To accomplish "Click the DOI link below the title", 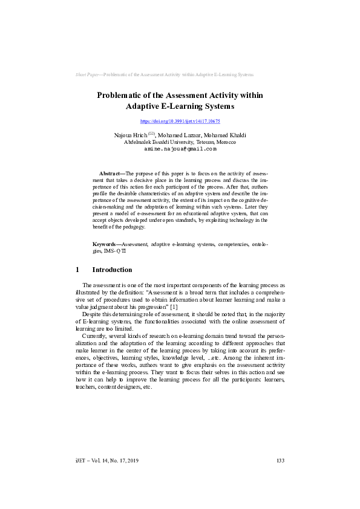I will (x=180, y=122).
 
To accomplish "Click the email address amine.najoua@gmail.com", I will (x=180, y=148).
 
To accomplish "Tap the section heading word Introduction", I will (x=112, y=270).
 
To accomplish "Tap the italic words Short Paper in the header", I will (x=87, y=74).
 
